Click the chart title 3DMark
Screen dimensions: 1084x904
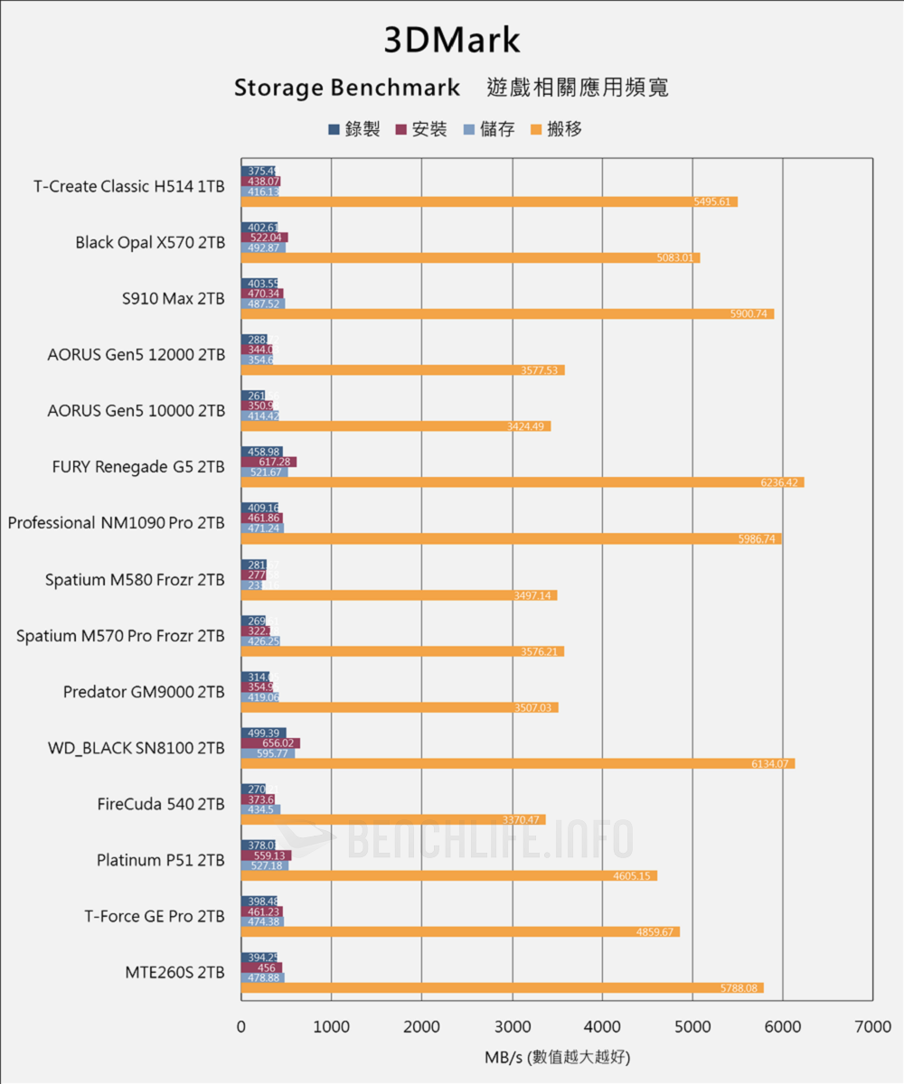click(452, 41)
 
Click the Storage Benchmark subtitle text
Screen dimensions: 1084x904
click(347, 89)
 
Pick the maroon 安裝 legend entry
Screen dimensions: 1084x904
click(421, 129)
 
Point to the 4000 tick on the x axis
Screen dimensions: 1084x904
click(602, 1027)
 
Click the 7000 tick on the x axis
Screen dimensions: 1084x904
click(872, 1027)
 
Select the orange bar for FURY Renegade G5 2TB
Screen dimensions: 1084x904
click(522, 482)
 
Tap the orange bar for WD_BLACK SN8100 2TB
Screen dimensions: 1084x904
click(517, 763)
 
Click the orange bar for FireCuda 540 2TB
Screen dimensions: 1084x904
click(392, 819)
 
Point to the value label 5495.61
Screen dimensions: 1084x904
click(711, 202)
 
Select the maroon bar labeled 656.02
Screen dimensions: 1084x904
click(270, 743)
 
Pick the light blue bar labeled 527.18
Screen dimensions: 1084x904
click(265, 865)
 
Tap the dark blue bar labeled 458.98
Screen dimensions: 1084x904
click(261, 452)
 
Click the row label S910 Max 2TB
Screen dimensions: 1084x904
click(173, 298)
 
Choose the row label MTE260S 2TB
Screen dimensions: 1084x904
click(174, 973)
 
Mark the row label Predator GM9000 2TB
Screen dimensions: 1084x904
click(144, 692)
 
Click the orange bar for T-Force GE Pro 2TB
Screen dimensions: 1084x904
click(460, 931)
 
